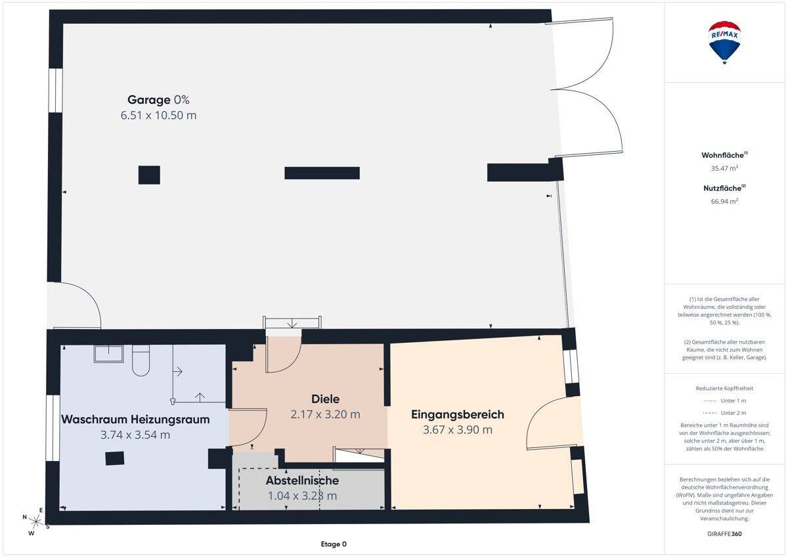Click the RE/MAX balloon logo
tap(724, 42)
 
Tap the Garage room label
tap(149, 100)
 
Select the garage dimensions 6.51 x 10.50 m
tap(158, 116)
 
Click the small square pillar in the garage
tap(149, 175)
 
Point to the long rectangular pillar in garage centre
tap(322, 173)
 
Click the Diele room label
tap(326, 399)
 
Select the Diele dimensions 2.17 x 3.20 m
tap(326, 414)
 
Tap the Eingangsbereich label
tap(458, 414)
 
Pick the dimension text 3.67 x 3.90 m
tap(458, 430)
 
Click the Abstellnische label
tap(302, 480)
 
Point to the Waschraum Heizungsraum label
tap(135, 420)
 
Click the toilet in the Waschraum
tap(141, 361)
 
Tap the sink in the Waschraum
tap(109, 353)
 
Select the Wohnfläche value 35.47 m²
tap(724, 168)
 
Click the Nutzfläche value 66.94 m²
tap(724, 201)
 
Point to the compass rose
tap(36, 521)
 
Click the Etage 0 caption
tap(334, 544)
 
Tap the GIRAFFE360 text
tap(724, 534)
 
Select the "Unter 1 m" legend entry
tap(724, 401)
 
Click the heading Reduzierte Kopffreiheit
tap(724, 388)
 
